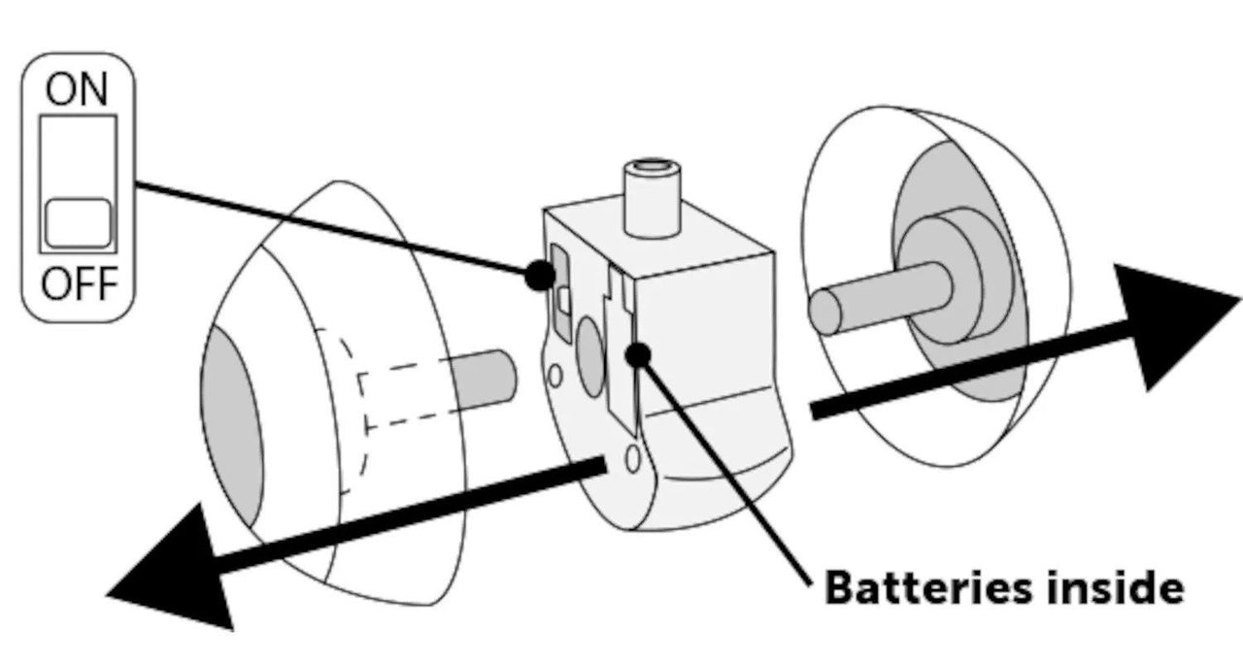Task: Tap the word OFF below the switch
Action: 78,285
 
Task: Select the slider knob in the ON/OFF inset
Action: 78,222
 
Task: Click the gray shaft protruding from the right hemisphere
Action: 874,296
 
